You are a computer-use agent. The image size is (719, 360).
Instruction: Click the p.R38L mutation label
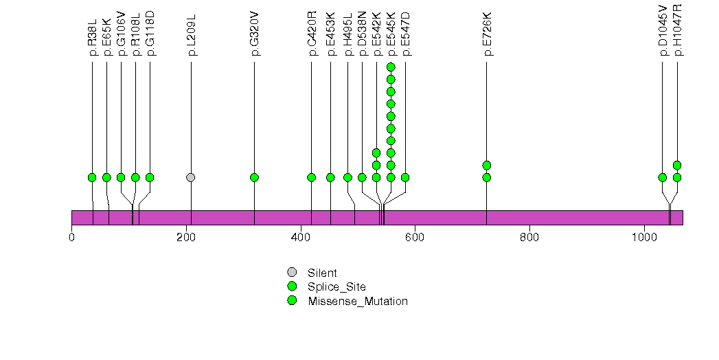[92, 42]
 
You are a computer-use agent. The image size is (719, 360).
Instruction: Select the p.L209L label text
[191, 41]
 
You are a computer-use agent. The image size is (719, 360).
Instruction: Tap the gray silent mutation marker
[191, 177]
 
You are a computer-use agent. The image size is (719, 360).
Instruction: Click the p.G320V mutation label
[255, 41]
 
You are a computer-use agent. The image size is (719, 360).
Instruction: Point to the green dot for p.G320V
[255, 177]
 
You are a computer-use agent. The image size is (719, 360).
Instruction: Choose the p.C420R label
[312, 41]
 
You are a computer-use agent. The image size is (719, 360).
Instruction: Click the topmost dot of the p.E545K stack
[391, 67]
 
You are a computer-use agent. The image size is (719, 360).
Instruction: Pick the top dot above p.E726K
[487, 165]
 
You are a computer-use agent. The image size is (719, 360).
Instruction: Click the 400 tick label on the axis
[301, 238]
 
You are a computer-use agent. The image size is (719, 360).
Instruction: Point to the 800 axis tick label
[529, 238]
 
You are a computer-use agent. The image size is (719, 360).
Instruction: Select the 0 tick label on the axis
[72, 238]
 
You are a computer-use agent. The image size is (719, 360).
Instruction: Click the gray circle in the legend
[292, 273]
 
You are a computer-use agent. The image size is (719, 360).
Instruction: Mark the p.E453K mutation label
[330, 41]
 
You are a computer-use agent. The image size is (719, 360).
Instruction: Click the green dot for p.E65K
[106, 177]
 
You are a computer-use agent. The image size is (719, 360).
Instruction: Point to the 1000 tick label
[644, 238]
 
